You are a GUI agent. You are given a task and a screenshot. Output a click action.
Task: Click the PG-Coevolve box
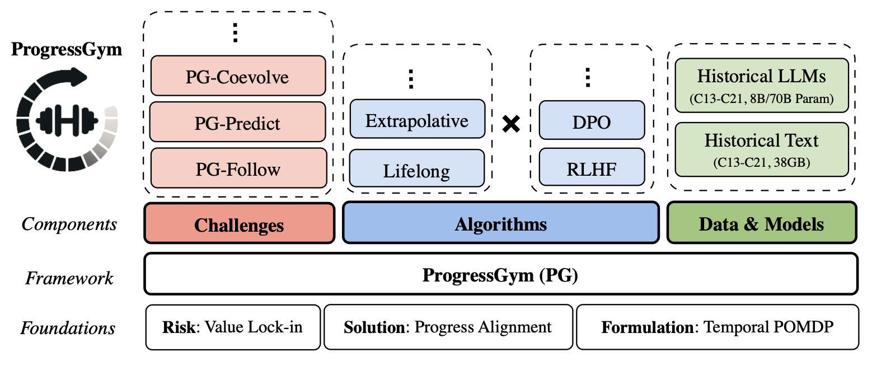pos(238,76)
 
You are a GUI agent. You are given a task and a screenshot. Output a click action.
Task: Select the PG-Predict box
pos(238,122)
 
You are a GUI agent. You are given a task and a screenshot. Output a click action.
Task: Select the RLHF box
pos(592,168)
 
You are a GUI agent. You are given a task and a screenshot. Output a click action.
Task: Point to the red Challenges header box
pos(239,224)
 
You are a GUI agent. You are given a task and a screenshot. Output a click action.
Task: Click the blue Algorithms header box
pos(500,224)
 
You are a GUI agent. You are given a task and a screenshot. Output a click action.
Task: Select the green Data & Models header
pos(761,224)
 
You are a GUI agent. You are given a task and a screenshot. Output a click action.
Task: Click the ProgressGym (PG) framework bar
pos(500,274)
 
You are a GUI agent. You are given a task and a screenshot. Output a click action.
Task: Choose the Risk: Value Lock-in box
pos(233,327)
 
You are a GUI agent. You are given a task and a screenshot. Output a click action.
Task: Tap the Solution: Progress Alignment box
pos(448,327)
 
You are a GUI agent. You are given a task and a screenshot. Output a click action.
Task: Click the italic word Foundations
pos(68,328)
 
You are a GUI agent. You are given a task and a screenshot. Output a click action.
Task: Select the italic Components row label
pos(69,224)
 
